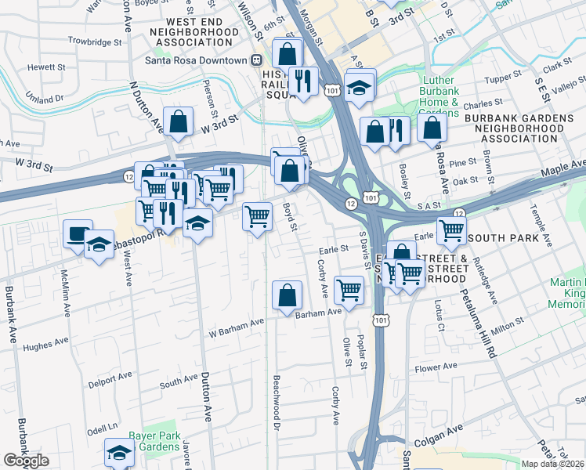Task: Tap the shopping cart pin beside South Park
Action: [x=451, y=230]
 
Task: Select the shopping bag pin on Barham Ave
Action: [x=288, y=295]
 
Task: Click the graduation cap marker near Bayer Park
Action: [x=119, y=452]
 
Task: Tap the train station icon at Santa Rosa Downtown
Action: [x=255, y=60]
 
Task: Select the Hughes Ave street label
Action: [x=42, y=345]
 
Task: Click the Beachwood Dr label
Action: [x=276, y=402]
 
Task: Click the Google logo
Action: [x=26, y=461]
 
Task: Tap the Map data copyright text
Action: [x=553, y=464]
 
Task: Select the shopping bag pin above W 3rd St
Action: [x=179, y=121]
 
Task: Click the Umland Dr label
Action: [x=42, y=99]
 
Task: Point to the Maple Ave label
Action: [x=562, y=168]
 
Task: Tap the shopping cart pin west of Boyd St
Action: [x=257, y=216]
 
